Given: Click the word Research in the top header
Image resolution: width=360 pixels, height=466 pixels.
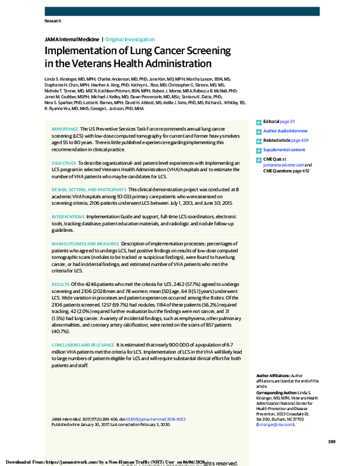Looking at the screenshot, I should tap(53, 21).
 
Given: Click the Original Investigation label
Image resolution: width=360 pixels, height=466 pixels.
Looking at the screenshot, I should tap(130, 40).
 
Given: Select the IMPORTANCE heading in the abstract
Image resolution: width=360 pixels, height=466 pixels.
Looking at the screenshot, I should tap(65, 129).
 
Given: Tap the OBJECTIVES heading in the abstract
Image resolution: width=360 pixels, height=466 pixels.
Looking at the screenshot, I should tap(64, 163).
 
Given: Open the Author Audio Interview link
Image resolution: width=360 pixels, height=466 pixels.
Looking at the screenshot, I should tap(285, 130).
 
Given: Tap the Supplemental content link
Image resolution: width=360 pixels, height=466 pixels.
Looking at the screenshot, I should tap(284, 150).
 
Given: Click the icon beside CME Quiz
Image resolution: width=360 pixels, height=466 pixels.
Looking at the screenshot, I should tap(259, 159).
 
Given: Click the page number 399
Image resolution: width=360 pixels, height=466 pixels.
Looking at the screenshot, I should tap(331, 442).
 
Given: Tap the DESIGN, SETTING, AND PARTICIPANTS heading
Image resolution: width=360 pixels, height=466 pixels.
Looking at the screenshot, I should tap(89, 189).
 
